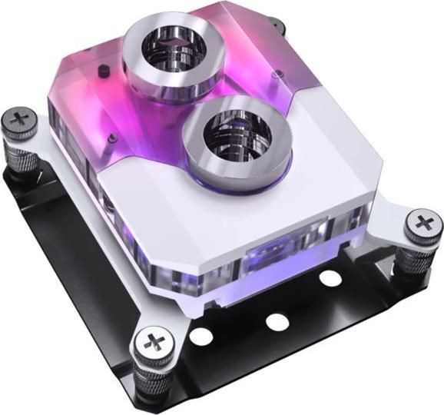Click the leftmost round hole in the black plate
(x=200, y=336)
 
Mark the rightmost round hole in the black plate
(x=330, y=277)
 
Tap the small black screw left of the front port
(x=113, y=138)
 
